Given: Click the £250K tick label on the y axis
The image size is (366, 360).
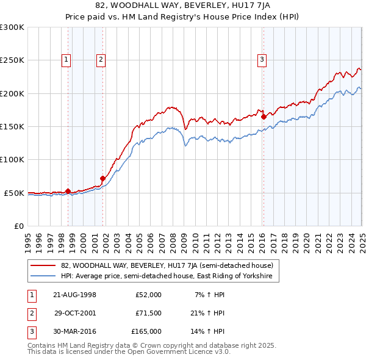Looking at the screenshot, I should (x=12, y=60).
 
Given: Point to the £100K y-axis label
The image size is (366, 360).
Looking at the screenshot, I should (x=12, y=159).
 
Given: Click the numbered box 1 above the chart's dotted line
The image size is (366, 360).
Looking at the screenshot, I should (x=66, y=59).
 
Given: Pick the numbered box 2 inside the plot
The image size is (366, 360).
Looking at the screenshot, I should (x=101, y=59).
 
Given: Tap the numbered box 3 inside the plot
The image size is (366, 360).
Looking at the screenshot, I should (x=262, y=59).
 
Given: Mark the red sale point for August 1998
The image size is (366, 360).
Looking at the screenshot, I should (x=68, y=190).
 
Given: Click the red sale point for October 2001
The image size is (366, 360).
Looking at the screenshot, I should (x=103, y=178).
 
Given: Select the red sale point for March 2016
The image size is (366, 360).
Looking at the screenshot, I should (x=264, y=117).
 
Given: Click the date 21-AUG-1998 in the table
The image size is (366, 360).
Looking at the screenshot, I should (x=75, y=295).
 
